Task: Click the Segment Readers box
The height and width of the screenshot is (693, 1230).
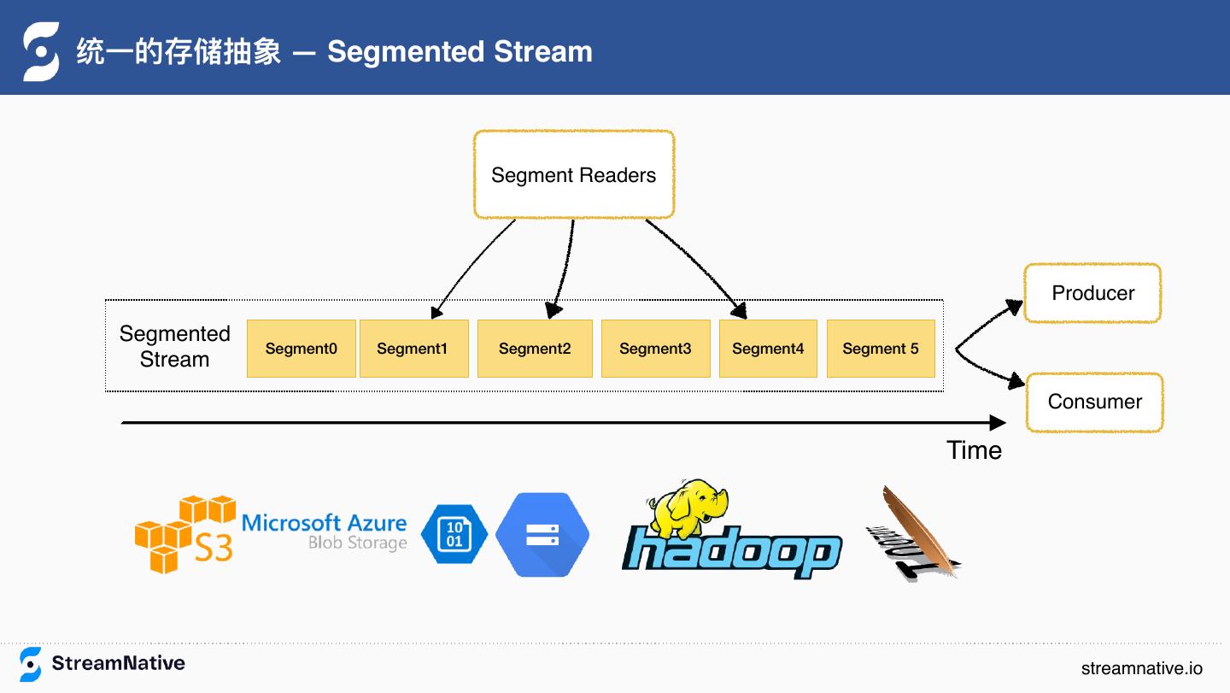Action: [x=573, y=175]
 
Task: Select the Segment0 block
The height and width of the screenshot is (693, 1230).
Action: [x=301, y=349]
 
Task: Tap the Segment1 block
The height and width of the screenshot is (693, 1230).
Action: [x=413, y=349]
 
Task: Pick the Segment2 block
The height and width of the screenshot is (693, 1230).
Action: [x=535, y=349]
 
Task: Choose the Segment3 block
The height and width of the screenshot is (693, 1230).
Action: [x=655, y=349]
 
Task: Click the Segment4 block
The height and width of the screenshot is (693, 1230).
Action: [x=768, y=349]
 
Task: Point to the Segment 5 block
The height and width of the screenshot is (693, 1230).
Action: [x=881, y=349]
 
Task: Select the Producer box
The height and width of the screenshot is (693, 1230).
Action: [x=1092, y=293]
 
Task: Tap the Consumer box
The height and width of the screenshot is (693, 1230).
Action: [x=1094, y=402]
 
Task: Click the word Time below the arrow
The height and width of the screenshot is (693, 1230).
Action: [x=974, y=450]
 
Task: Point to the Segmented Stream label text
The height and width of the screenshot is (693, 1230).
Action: [x=175, y=346]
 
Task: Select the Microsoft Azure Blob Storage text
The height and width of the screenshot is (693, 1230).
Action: [x=325, y=531]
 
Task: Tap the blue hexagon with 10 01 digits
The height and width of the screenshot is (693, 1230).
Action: [x=454, y=534]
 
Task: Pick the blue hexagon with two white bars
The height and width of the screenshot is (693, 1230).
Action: [x=542, y=535]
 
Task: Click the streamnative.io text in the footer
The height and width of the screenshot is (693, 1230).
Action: [x=1141, y=668]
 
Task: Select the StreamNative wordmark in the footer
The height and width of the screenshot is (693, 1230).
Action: [x=118, y=663]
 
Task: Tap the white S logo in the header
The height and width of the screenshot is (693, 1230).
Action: [x=41, y=51]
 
